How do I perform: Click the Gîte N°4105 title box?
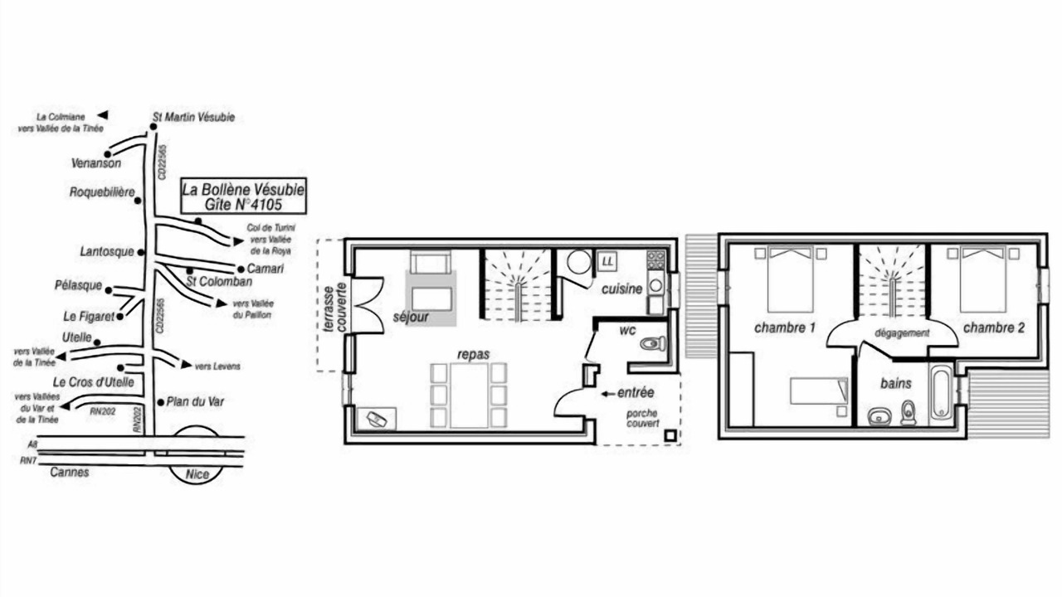coord(243,197)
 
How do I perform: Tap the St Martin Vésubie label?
coord(193,117)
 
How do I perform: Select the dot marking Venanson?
coord(108,154)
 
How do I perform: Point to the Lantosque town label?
coord(107,251)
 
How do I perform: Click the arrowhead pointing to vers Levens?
coord(187,364)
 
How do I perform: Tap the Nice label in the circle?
coord(197,473)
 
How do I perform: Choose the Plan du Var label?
coord(195,402)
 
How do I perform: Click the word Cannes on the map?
coord(70,472)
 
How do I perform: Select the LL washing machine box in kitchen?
coord(607,261)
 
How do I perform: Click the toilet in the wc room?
coord(653,343)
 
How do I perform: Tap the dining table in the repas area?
coord(469,396)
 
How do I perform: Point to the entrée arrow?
coord(608,394)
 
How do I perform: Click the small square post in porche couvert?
coord(670,435)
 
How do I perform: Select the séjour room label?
coord(411,317)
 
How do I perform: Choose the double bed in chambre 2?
coord(983,279)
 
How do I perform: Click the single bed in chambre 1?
coord(819,391)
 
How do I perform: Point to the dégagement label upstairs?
coord(902,333)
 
